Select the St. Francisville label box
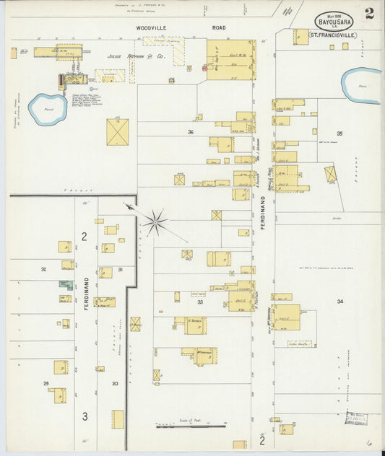[334, 34]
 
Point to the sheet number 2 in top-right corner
[369, 13]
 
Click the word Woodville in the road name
[152, 28]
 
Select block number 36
[191, 132]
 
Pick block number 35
[339, 133]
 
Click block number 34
[339, 302]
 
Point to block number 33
[200, 302]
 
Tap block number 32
[43, 269]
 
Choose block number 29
[46, 383]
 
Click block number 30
[114, 383]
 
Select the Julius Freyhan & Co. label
[136, 56]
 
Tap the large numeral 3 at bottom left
[85, 416]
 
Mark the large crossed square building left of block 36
[117, 132]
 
